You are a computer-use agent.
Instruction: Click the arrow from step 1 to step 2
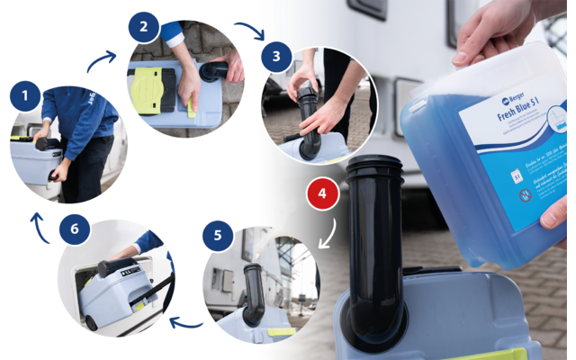102,61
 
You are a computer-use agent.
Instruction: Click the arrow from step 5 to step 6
187,321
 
